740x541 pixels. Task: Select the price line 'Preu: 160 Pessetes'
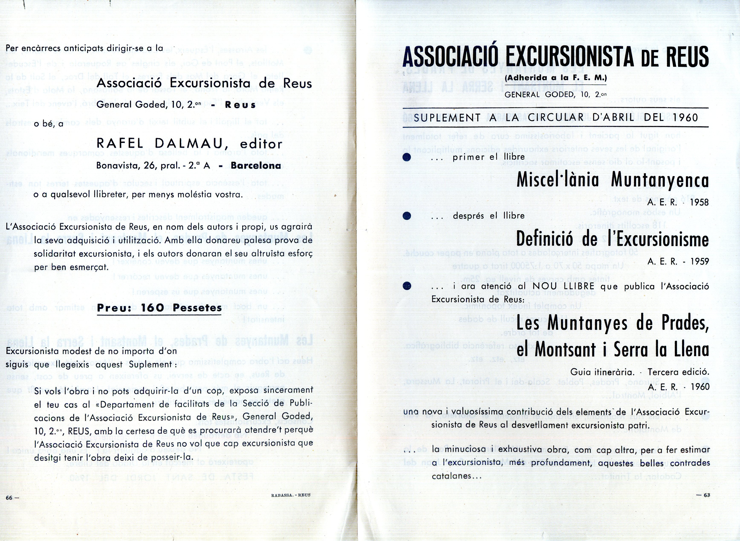[160, 308]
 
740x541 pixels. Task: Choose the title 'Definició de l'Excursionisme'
[612, 240]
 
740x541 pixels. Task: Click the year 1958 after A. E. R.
[699, 202]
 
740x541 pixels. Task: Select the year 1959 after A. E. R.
[699, 261]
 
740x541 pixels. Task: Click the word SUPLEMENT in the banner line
[447, 118]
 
